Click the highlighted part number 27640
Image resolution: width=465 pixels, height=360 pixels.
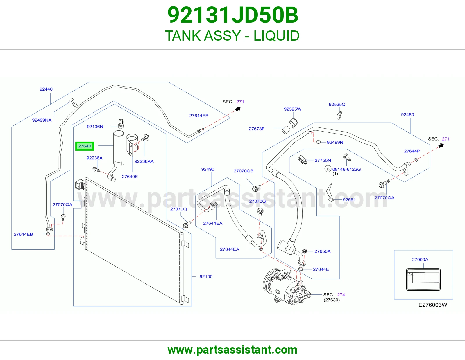[85, 146]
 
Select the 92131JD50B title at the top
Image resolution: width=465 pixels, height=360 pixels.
[233, 15]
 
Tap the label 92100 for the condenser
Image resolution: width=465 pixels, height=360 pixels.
[206, 276]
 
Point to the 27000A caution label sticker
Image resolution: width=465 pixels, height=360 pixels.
[423, 280]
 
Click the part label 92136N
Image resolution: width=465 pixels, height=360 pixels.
[95, 127]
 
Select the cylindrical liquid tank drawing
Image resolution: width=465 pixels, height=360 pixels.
[118, 148]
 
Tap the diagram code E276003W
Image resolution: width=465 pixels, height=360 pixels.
[433, 305]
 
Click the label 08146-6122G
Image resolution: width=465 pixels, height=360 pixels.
[346, 169]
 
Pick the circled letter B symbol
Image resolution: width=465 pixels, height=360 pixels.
[328, 169]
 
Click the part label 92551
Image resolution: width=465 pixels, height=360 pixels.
[349, 200]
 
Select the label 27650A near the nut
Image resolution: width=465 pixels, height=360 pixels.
[322, 251]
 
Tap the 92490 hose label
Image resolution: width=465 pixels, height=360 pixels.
[208, 169]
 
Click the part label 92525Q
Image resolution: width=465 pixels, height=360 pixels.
[337, 104]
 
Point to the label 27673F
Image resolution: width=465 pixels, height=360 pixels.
[256, 129]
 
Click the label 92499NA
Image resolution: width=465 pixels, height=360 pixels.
[42, 120]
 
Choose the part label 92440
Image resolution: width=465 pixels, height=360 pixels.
[46, 89]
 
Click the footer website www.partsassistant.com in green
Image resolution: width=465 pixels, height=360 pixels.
[233, 350]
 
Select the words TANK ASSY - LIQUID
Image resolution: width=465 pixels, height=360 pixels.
[232, 36]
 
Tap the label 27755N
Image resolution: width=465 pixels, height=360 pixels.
[323, 160]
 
